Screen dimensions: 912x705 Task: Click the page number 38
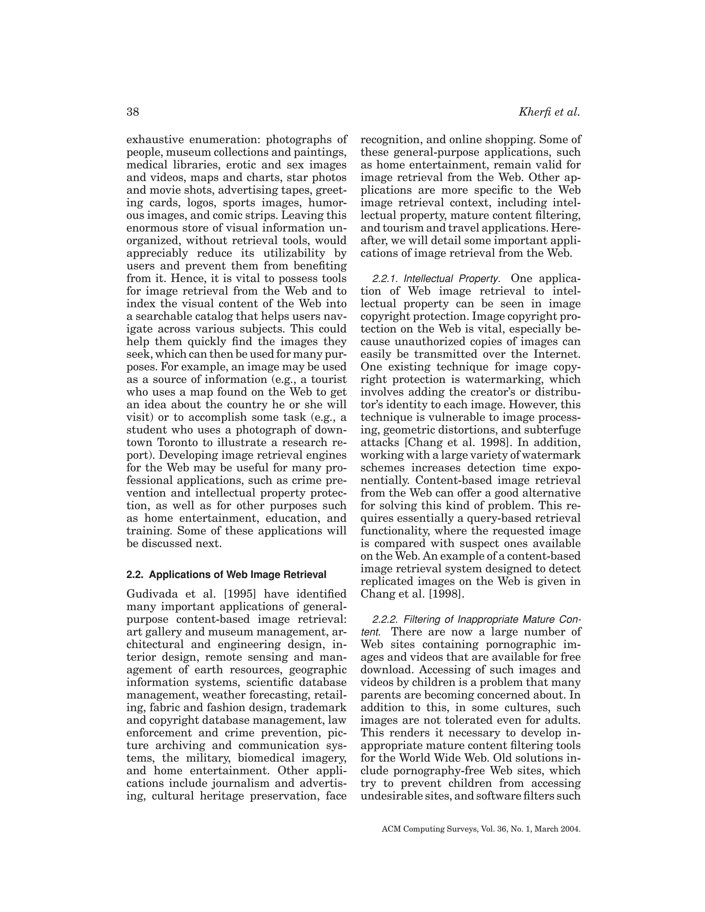point(133,112)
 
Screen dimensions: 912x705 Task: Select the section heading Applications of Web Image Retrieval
point(237,575)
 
